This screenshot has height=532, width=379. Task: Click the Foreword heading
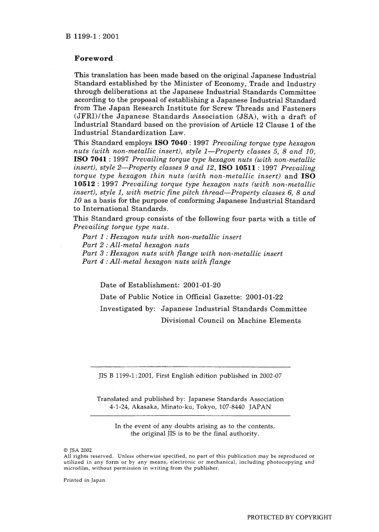[94, 59]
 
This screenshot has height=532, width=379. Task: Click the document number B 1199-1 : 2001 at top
[92, 37]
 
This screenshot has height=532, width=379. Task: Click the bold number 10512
[85, 185]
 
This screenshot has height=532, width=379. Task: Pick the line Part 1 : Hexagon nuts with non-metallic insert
[162, 237]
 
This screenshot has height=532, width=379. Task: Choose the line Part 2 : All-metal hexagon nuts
[136, 245]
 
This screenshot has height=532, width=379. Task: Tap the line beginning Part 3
[182, 253]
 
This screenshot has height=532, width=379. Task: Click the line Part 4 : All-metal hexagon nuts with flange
[156, 262]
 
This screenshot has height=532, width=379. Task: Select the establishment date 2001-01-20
[202, 285]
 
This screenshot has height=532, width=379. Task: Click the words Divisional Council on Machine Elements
[231, 320]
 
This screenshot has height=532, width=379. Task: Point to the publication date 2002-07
[270, 376]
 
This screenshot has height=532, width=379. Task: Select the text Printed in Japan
[84, 480]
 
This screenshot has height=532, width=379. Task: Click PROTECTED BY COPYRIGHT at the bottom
[289, 517]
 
